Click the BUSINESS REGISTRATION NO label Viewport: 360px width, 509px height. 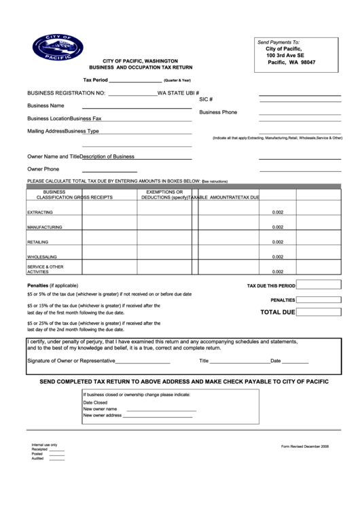(x=66, y=93)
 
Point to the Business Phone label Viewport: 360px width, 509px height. (x=218, y=112)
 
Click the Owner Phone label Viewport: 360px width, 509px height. (x=43, y=169)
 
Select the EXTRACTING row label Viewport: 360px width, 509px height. (x=40, y=213)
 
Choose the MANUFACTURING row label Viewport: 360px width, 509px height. (x=45, y=227)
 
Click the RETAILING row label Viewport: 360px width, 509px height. (x=38, y=242)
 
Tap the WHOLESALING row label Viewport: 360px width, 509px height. (x=41, y=257)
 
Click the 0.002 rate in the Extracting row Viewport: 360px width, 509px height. (x=278, y=213)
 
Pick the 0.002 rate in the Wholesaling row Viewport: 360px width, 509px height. (x=278, y=257)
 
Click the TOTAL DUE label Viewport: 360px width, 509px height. (x=278, y=313)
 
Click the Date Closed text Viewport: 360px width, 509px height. (x=95, y=402)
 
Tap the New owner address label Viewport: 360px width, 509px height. (x=102, y=415)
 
